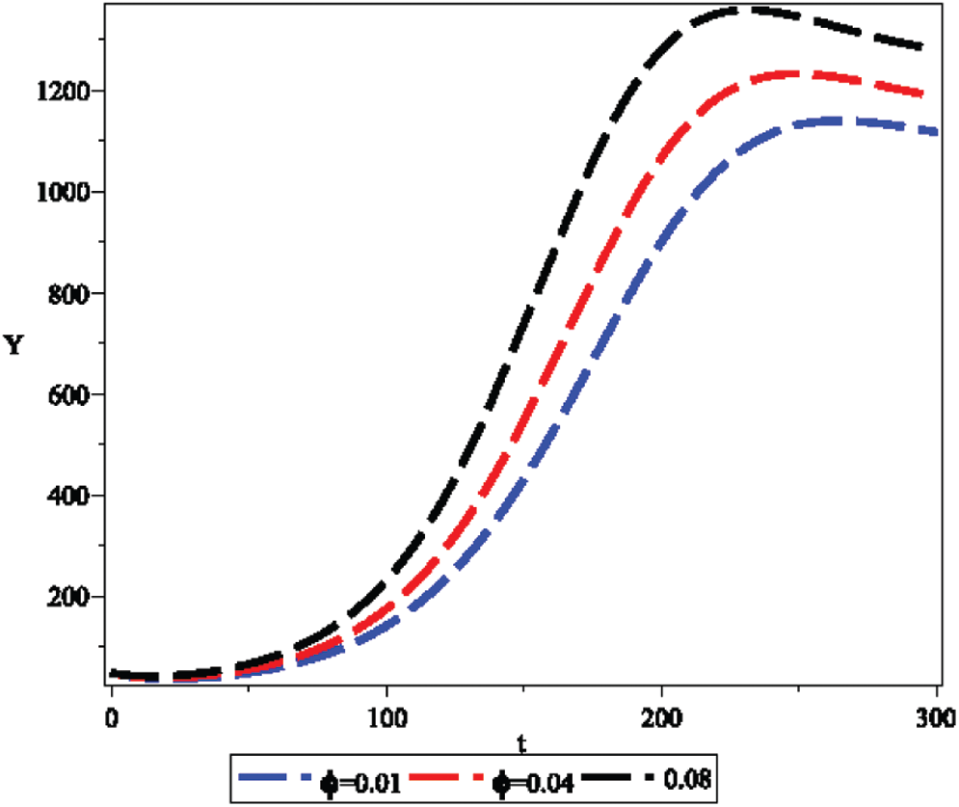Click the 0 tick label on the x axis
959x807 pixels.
click(x=112, y=717)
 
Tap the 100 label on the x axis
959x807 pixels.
click(x=386, y=717)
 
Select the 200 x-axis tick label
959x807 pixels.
click(x=661, y=717)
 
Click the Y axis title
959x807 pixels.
click(x=14, y=345)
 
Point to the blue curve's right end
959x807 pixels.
click(x=935, y=132)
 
